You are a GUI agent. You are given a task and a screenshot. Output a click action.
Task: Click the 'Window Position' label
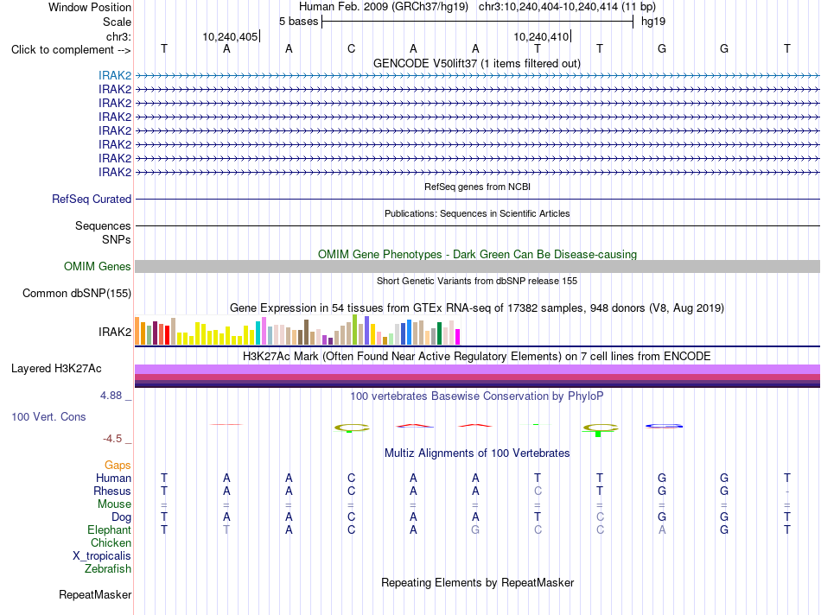point(90,7)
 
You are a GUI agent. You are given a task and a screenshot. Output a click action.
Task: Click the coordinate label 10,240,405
point(230,36)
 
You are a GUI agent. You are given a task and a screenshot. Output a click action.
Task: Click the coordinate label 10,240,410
point(541,36)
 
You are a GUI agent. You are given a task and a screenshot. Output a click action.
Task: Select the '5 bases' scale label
point(298,22)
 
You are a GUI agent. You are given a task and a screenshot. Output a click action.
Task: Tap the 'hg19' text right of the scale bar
point(653,22)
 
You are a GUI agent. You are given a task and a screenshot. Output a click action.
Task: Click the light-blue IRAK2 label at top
point(115,75)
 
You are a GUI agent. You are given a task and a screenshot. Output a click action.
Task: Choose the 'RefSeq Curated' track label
point(92,199)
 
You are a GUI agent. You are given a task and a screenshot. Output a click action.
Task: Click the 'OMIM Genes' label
point(98,266)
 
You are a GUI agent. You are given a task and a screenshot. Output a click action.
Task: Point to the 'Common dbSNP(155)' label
point(77,293)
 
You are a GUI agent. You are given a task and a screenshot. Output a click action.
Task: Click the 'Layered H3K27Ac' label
point(56,369)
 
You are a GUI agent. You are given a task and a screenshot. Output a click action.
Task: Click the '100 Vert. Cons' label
point(48,416)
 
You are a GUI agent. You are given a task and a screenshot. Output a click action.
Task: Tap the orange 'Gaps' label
point(118,466)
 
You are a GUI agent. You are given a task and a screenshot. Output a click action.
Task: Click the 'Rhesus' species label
point(112,491)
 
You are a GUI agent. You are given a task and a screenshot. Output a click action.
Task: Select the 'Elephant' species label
point(109,530)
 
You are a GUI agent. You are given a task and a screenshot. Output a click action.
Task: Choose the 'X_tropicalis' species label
point(102,556)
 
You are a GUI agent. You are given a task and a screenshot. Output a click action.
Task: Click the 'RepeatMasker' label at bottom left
point(95,594)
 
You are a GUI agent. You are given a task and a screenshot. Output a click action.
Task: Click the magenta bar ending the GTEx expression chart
point(458,337)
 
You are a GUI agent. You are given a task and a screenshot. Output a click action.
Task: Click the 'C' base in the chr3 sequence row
point(352,48)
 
